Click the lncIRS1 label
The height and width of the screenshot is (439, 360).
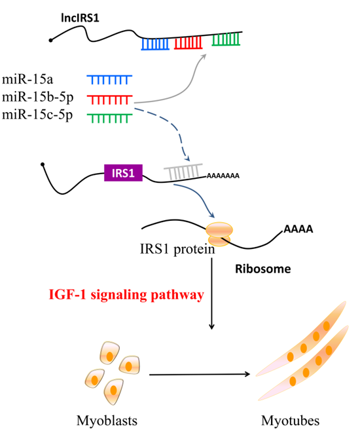(80, 18)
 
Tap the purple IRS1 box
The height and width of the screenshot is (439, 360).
(123, 173)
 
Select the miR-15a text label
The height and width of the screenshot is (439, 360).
(27, 79)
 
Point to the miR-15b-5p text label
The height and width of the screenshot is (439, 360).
(38, 98)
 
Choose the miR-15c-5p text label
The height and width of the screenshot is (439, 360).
(37, 115)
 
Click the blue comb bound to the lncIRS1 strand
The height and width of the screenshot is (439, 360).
(155, 45)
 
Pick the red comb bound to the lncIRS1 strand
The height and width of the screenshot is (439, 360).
(188, 43)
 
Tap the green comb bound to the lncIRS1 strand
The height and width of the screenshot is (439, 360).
(226, 39)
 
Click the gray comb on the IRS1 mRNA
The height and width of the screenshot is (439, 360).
(183, 172)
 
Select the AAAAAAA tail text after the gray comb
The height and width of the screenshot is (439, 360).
(223, 176)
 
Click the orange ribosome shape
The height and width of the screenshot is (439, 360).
(219, 234)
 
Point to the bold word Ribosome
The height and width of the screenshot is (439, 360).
(263, 269)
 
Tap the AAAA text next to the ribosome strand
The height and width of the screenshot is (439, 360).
(298, 229)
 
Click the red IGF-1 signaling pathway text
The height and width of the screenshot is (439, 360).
(126, 295)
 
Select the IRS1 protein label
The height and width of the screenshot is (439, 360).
(177, 249)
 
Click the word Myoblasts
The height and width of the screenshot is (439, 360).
(107, 421)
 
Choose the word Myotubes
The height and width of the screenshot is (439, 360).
(291, 421)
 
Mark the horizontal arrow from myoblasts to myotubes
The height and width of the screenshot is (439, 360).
(200, 374)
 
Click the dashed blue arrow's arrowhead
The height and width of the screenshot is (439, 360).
(187, 158)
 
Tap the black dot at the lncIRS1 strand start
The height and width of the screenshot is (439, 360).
(50, 41)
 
